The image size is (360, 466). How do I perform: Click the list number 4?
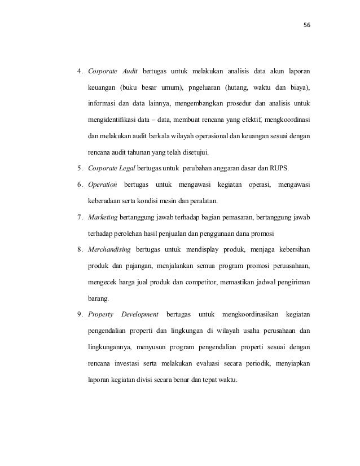coord(80,72)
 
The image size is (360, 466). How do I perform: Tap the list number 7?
coord(80,217)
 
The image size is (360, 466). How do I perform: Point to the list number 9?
coord(80,314)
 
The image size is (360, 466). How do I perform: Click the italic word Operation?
coord(102,184)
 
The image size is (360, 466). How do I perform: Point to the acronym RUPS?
coord(297,168)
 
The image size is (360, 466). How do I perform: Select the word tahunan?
coord(139,152)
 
